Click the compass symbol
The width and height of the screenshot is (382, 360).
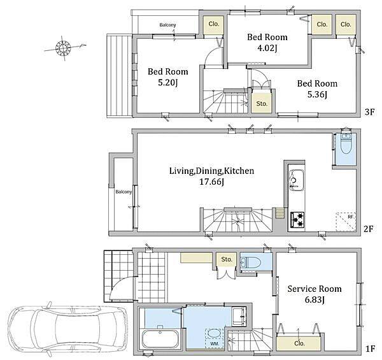[63, 48]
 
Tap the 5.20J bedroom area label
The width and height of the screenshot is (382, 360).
[168, 83]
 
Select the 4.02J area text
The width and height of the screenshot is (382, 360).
[267, 48]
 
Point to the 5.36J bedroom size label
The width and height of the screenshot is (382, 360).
[317, 94]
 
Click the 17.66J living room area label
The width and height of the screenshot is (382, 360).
[211, 182]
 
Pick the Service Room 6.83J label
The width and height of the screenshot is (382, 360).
[315, 294]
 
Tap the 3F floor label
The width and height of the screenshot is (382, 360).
[369, 112]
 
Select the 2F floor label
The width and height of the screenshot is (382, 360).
[369, 229]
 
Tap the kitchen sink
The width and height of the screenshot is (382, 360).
[297, 180]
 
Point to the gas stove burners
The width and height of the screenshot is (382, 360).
[297, 220]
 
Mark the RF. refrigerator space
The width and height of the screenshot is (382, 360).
[346, 222]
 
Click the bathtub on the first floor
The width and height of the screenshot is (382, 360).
[160, 339]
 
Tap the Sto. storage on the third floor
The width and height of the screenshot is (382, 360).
[262, 104]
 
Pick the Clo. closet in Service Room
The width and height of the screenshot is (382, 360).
[299, 343]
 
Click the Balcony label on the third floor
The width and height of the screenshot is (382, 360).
[167, 25]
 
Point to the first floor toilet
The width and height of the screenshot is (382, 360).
[251, 262]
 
